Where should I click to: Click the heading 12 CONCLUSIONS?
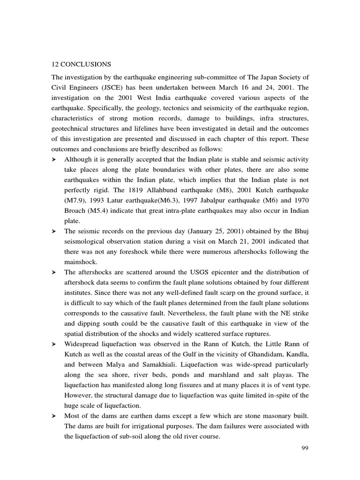pyautogui.click(x=79, y=64)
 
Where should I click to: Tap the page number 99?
pyautogui.click(x=305, y=448)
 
